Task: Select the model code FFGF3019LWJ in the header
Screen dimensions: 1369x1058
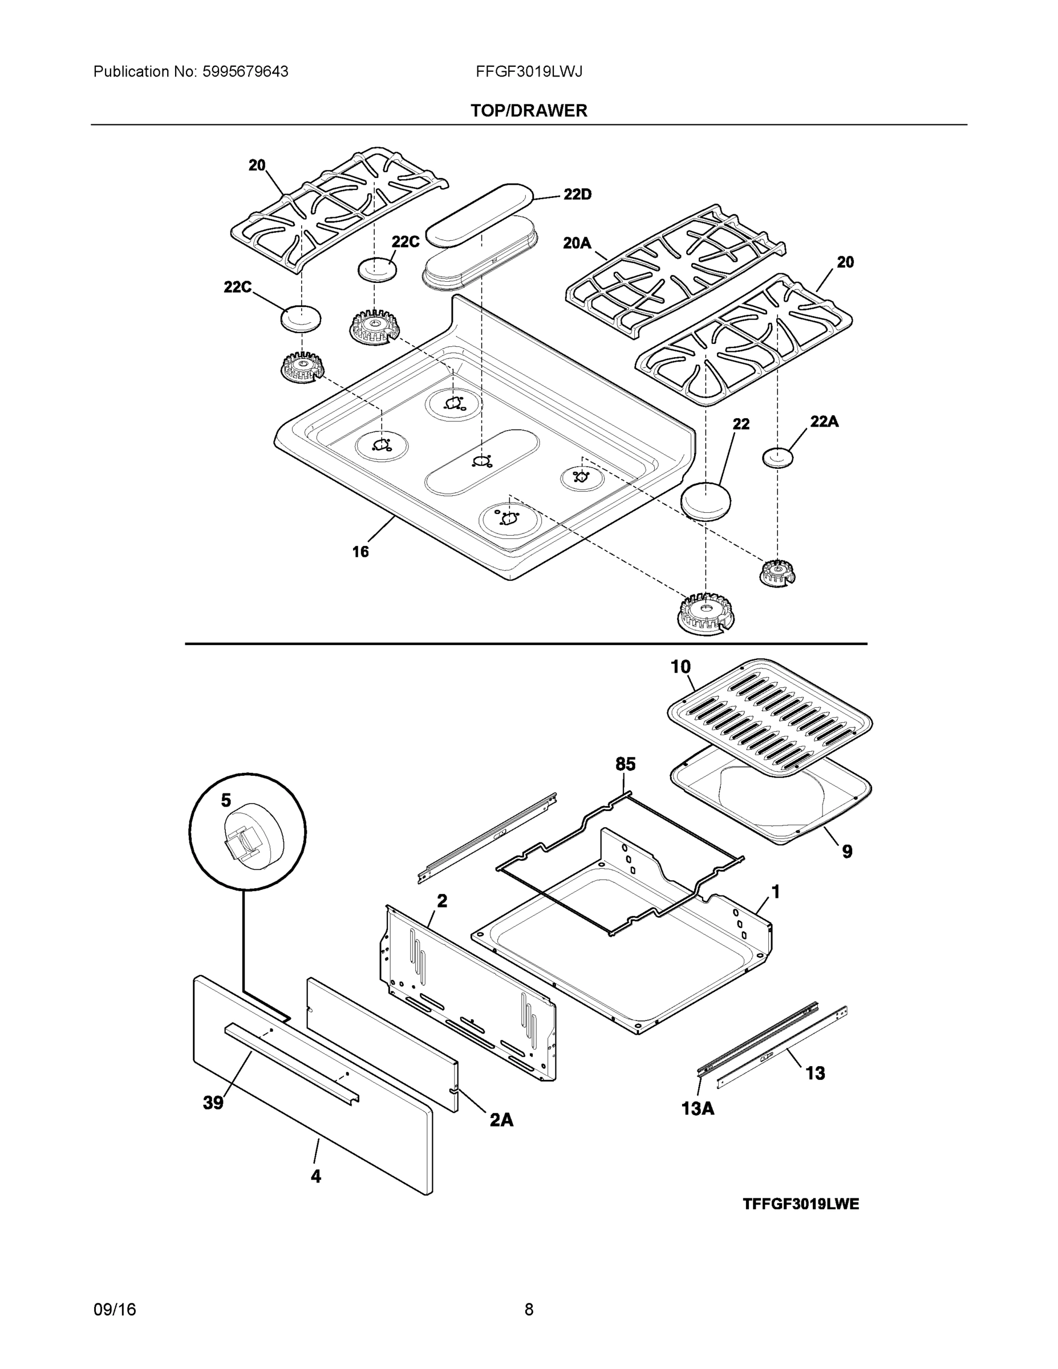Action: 529,72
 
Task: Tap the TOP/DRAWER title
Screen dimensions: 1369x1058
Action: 529,111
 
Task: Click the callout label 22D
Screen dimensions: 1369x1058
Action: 577,195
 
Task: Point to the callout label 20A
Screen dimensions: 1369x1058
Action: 577,243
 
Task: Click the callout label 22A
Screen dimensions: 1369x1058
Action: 824,422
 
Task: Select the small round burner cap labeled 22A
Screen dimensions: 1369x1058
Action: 777,457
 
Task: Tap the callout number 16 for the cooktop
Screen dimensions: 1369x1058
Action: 360,552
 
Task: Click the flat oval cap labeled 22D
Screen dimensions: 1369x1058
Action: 480,215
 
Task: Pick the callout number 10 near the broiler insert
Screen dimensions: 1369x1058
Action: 680,667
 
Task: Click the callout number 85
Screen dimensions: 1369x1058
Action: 625,764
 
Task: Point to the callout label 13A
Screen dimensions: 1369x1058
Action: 698,1109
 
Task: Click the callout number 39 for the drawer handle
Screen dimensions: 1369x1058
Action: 213,1103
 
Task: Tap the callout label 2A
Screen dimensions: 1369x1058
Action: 501,1120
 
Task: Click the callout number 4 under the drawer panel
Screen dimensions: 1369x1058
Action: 316,1177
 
